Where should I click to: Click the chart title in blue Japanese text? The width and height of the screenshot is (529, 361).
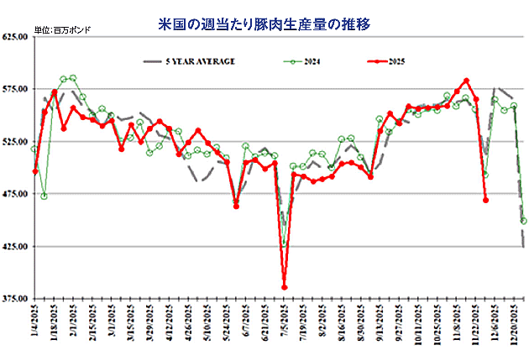(x=264, y=24)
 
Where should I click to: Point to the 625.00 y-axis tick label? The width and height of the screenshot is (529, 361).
(x=17, y=36)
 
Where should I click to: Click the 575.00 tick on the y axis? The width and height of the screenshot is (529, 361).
(x=17, y=88)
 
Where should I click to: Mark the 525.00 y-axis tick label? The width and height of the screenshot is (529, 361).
(x=17, y=141)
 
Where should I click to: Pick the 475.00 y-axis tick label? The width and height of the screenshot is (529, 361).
(x=17, y=193)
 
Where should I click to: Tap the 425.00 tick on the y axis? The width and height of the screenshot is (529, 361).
(x=17, y=246)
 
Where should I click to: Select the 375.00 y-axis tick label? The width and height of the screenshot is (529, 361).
(x=17, y=298)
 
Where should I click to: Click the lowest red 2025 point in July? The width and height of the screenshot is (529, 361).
(x=285, y=287)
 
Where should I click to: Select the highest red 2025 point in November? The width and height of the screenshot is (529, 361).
(x=466, y=81)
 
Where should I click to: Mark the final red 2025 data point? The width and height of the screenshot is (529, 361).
(x=486, y=200)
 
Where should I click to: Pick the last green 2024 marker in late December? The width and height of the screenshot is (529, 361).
(x=524, y=221)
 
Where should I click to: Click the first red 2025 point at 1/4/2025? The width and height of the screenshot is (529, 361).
(x=35, y=171)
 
